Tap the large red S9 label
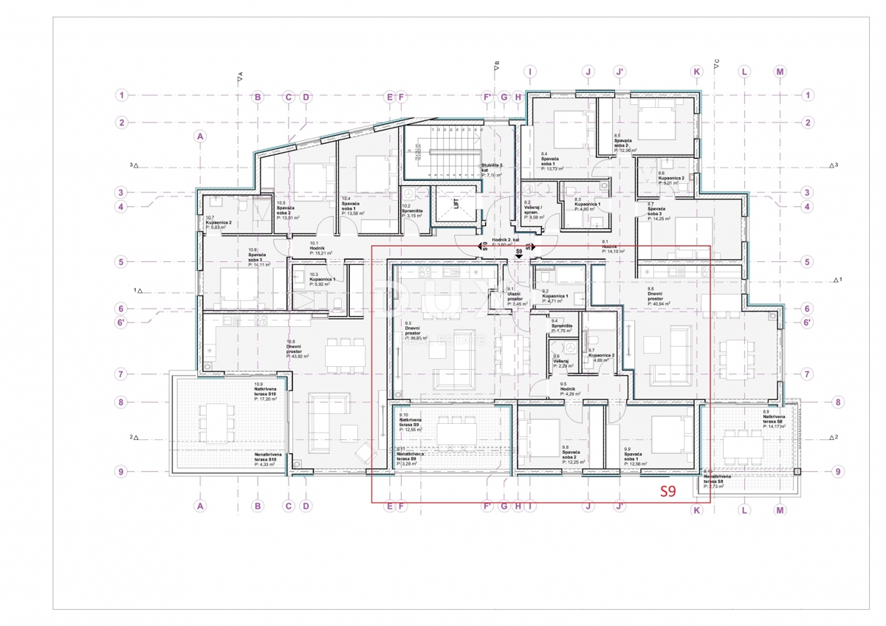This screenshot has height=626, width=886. (x=667, y=491)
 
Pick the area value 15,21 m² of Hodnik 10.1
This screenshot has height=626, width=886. (x=321, y=252)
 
